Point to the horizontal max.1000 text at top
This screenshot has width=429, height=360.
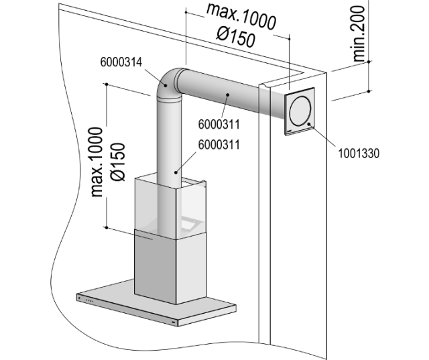click(x=241, y=18)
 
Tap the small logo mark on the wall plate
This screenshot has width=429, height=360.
click(x=289, y=125)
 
